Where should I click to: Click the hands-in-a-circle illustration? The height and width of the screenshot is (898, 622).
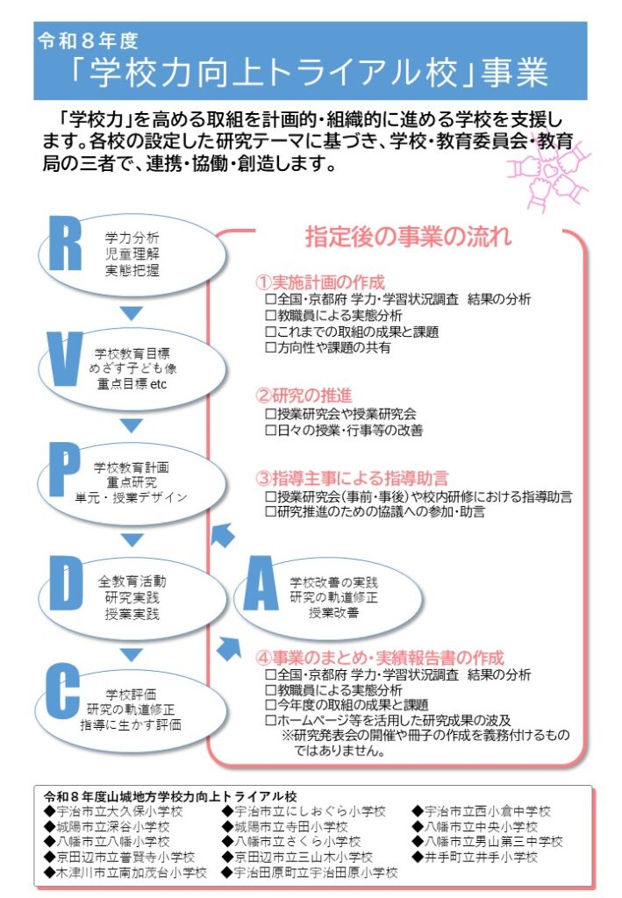coord(549,172)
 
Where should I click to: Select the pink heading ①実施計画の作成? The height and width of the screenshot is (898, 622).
coord(320,282)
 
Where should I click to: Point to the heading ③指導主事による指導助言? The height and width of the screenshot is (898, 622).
coord(352,479)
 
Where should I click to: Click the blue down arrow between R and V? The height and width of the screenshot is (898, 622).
coord(131,313)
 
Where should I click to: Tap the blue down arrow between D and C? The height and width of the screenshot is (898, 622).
coord(131,654)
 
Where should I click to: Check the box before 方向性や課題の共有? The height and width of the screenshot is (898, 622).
coord(270,348)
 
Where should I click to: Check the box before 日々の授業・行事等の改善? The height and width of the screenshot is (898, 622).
coord(270,431)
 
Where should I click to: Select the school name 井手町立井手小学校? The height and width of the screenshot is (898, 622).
coord(481,857)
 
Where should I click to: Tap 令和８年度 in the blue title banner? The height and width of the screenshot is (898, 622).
coord(88,40)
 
